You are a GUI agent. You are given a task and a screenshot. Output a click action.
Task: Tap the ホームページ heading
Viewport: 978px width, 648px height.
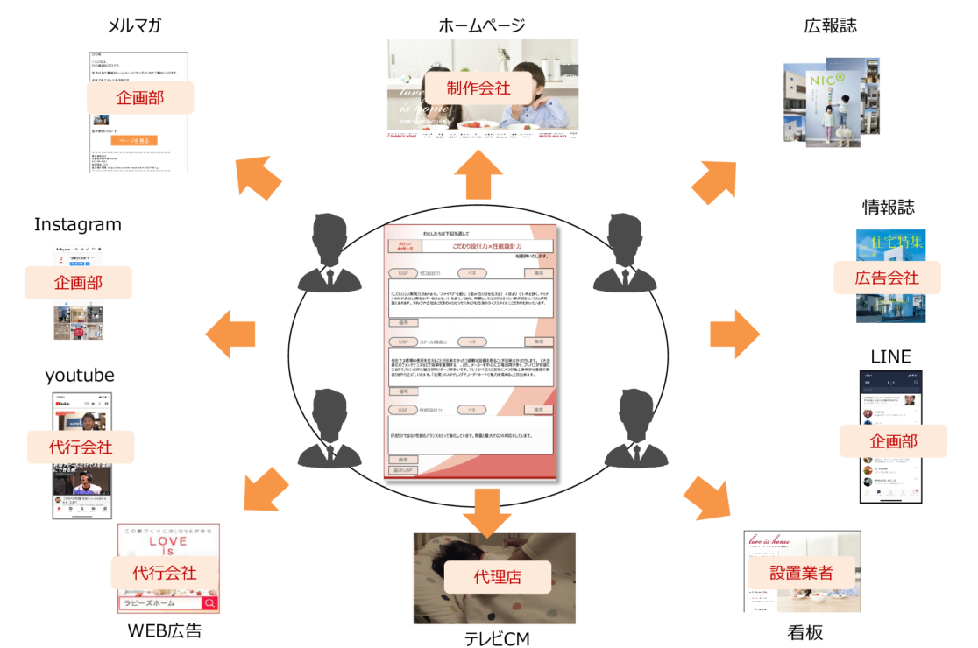pyautogui.click(x=481, y=25)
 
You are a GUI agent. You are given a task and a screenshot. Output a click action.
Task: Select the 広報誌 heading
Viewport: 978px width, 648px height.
pyautogui.click(x=830, y=25)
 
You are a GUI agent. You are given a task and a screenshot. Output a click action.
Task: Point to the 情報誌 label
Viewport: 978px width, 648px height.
pyautogui.click(x=888, y=208)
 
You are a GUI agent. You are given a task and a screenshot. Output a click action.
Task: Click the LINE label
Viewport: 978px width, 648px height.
pyautogui.click(x=890, y=356)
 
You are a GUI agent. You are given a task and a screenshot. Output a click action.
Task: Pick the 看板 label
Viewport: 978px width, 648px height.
pyautogui.click(x=804, y=631)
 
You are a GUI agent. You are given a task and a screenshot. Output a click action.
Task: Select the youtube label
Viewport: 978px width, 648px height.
pyautogui.click(x=80, y=376)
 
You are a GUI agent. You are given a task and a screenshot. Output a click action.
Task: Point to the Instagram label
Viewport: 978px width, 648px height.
pyautogui.click(x=77, y=225)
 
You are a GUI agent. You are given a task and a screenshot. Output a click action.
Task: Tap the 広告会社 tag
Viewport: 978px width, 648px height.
pyautogui.click(x=887, y=278)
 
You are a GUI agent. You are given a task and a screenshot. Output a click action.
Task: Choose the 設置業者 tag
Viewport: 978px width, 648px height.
pyautogui.click(x=801, y=574)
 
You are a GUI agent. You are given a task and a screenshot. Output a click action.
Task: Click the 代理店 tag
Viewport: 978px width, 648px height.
pyautogui.click(x=497, y=577)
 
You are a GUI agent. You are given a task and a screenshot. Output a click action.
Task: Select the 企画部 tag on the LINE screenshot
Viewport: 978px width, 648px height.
pyautogui.click(x=893, y=440)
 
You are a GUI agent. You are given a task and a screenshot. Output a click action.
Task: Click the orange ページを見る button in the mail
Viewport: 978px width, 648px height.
pyautogui.click(x=134, y=140)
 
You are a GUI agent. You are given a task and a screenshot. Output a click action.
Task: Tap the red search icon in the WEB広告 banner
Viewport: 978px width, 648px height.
pyautogui.click(x=210, y=603)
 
